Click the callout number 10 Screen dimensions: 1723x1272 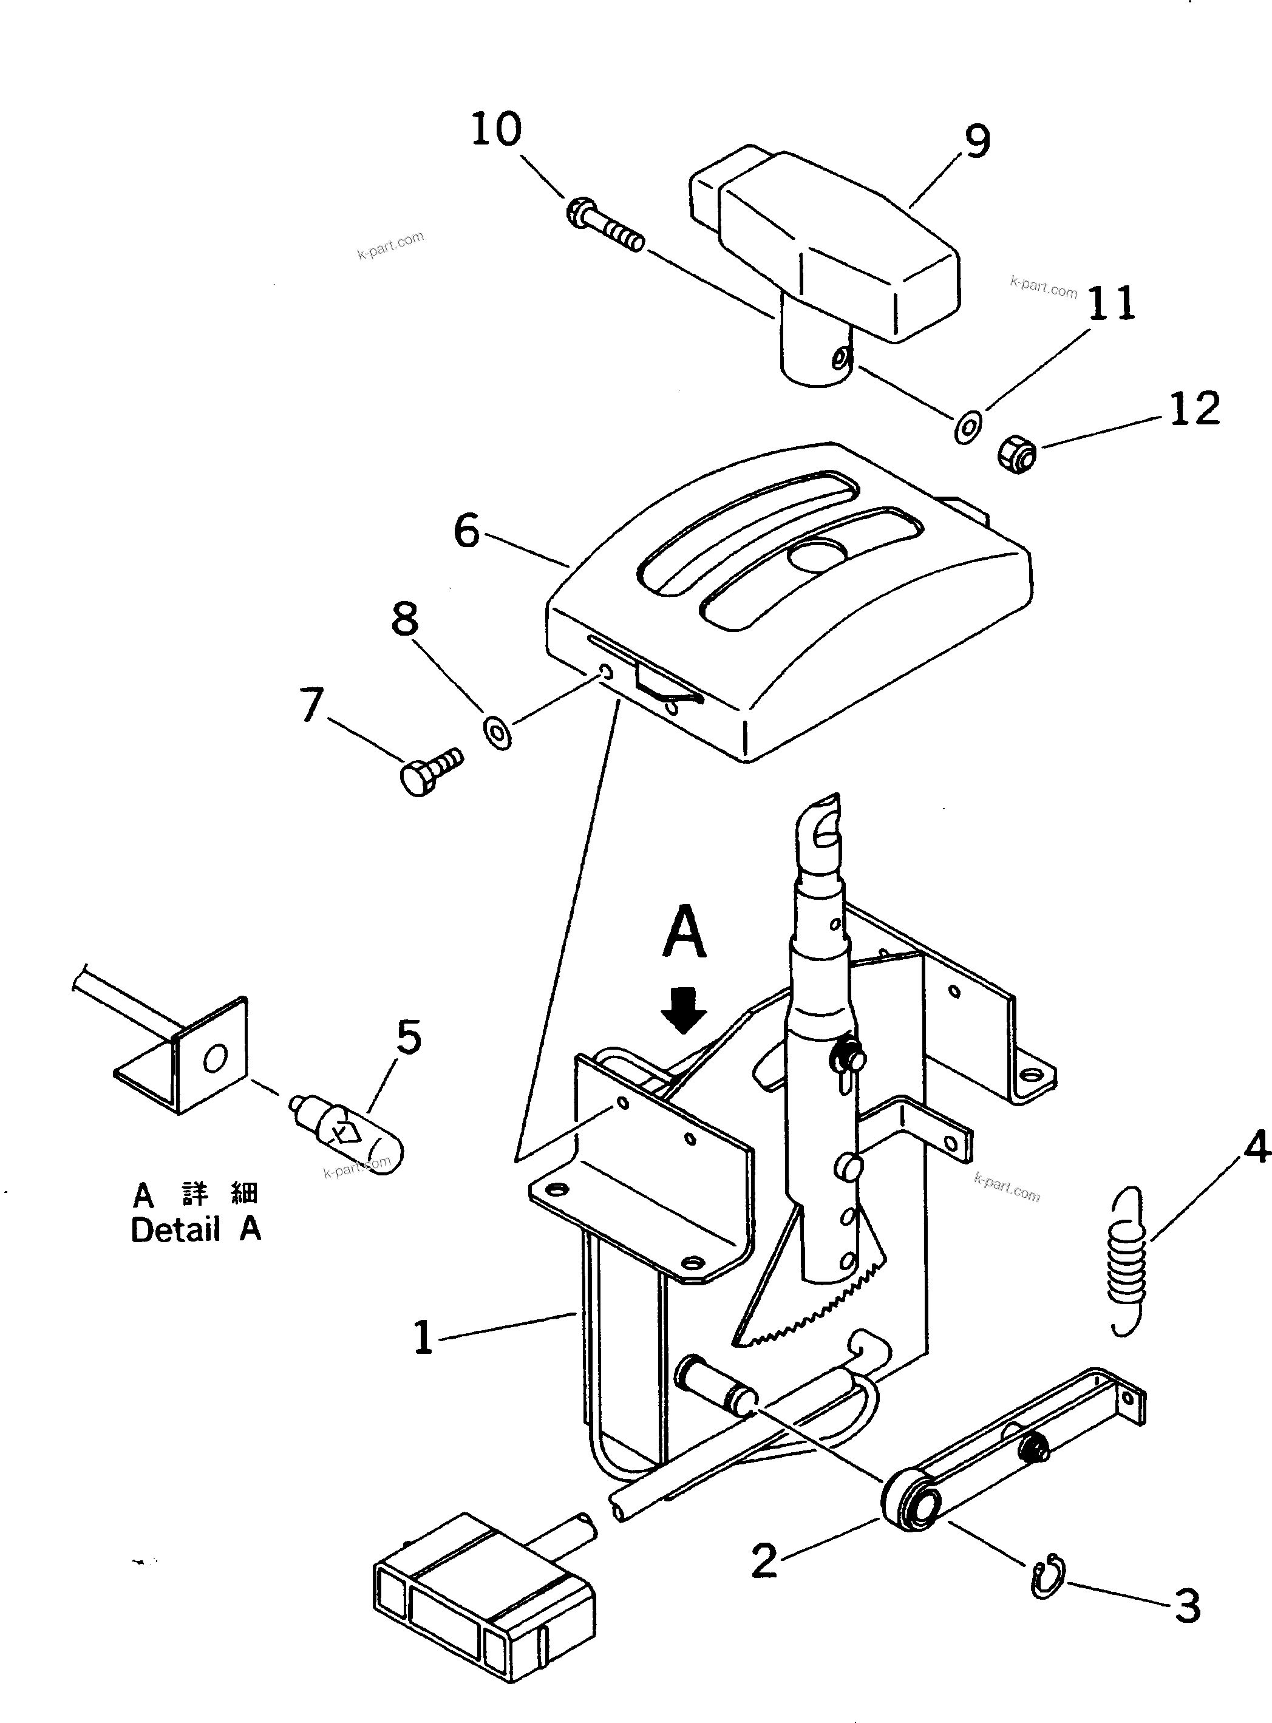[496, 129]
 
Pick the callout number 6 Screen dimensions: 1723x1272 [467, 531]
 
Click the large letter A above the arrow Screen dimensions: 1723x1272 [684, 931]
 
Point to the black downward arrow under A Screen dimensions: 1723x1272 [684, 1011]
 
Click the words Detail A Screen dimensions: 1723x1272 [196, 1229]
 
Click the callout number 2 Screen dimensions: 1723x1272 [764, 1560]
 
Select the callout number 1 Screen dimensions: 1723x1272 [423, 1337]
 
